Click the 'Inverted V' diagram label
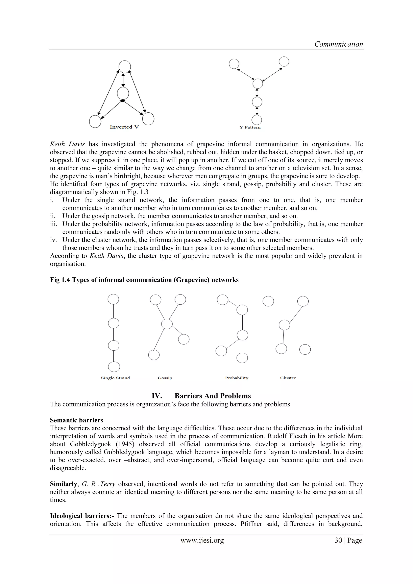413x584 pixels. point(124,127)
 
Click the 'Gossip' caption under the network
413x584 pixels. point(165,378)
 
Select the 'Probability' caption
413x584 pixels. point(237,378)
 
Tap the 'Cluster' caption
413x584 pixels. point(288,378)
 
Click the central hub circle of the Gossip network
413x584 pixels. point(167,324)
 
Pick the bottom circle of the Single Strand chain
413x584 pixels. point(114,367)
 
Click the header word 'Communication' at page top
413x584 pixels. point(339,44)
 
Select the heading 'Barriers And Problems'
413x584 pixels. point(213,396)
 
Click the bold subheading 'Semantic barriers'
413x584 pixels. point(76,420)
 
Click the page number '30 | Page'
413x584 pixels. point(348,540)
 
